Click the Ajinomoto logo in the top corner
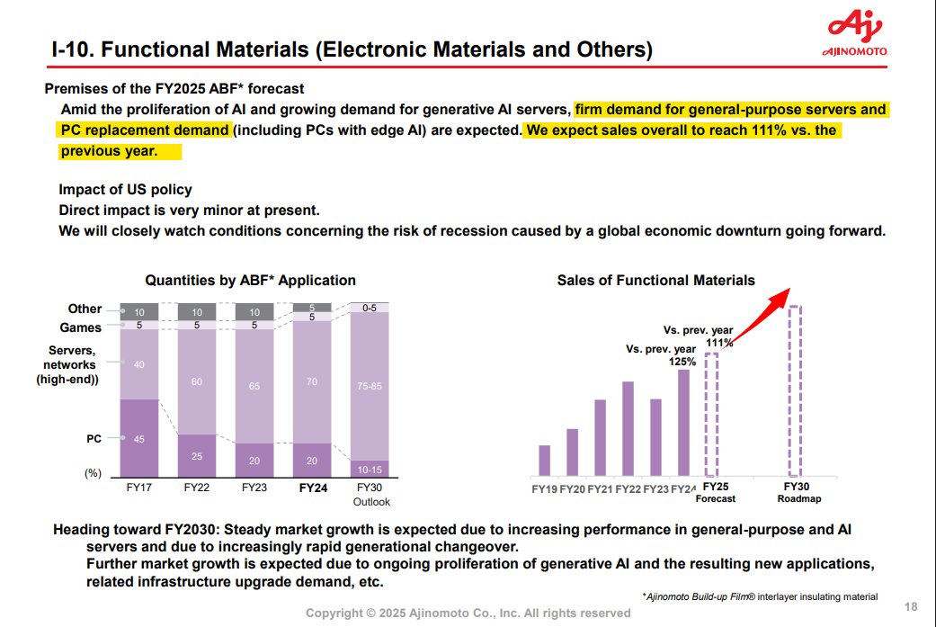click(x=854, y=34)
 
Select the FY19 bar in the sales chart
click(x=544, y=460)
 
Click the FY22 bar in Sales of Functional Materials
click(x=628, y=428)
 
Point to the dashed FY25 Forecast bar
click(x=711, y=415)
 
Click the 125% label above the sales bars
click(x=682, y=362)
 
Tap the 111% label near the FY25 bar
click(x=719, y=343)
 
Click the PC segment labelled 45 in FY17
click(x=139, y=438)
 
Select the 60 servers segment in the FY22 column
click(x=197, y=381)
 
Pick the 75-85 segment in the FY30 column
click(x=369, y=386)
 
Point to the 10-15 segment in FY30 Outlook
click(x=369, y=469)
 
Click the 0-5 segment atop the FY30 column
click(x=369, y=308)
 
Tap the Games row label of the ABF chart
click(x=81, y=327)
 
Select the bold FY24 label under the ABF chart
click(x=311, y=488)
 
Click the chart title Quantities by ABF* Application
click(x=250, y=281)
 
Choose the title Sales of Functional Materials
click(x=655, y=281)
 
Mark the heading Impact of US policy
click(x=125, y=190)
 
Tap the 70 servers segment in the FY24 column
click(x=311, y=381)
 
